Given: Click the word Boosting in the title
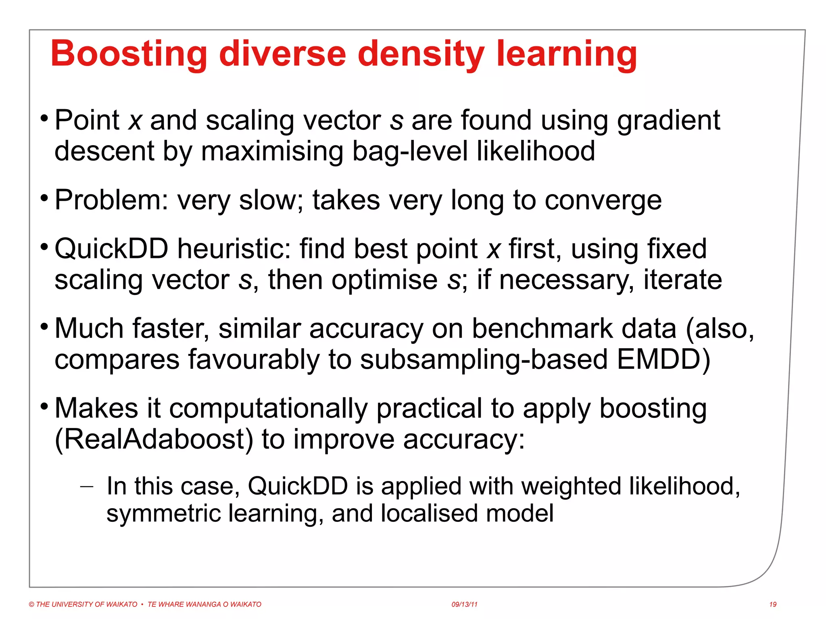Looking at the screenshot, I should [129, 54].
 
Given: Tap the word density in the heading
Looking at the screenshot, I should [421, 54].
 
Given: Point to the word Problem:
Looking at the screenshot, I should [111, 200].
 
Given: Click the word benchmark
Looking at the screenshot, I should [542, 328].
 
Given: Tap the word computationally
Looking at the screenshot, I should [268, 408].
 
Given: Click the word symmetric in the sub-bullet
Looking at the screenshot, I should [163, 513].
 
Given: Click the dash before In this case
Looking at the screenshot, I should [86, 487].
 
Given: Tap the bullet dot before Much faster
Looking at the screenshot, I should [44, 325].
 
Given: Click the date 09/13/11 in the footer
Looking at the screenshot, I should [464, 604].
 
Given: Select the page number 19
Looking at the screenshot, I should [772, 604].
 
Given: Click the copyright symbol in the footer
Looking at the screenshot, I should [31, 604].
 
